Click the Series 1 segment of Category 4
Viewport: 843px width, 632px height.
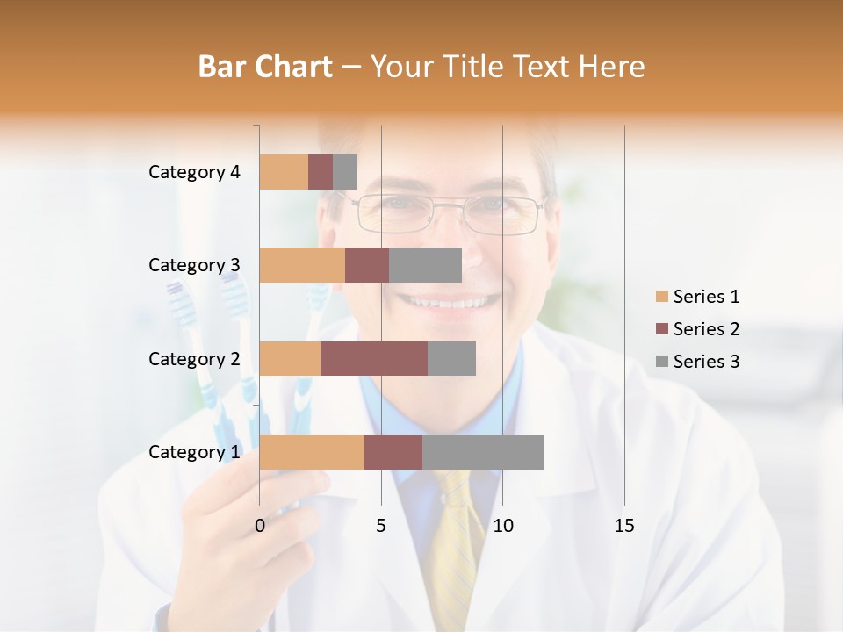coord(284,172)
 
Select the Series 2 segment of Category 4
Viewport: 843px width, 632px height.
coord(321,172)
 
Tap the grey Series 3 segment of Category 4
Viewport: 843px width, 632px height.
coord(345,172)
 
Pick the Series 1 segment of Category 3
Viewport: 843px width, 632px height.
coord(302,265)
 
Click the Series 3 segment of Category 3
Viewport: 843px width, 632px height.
coord(425,265)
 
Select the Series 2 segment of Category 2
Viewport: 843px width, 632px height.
coord(374,358)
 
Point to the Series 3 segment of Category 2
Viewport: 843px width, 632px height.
coord(451,358)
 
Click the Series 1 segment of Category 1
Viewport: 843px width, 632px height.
coord(312,452)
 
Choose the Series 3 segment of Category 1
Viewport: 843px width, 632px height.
coord(483,452)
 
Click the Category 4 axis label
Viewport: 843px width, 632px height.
coord(194,172)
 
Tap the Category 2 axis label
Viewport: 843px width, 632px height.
coord(194,358)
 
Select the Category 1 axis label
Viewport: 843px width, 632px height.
coord(194,452)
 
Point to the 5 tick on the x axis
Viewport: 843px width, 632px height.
coord(381,526)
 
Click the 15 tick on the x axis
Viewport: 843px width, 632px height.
coord(623,526)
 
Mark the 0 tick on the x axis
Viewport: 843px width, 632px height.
coord(260,526)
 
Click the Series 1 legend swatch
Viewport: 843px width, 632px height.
coord(661,297)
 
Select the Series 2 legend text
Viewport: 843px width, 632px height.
coord(706,329)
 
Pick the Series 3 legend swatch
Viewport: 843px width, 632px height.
coord(661,362)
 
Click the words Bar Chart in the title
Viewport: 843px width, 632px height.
coord(265,66)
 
